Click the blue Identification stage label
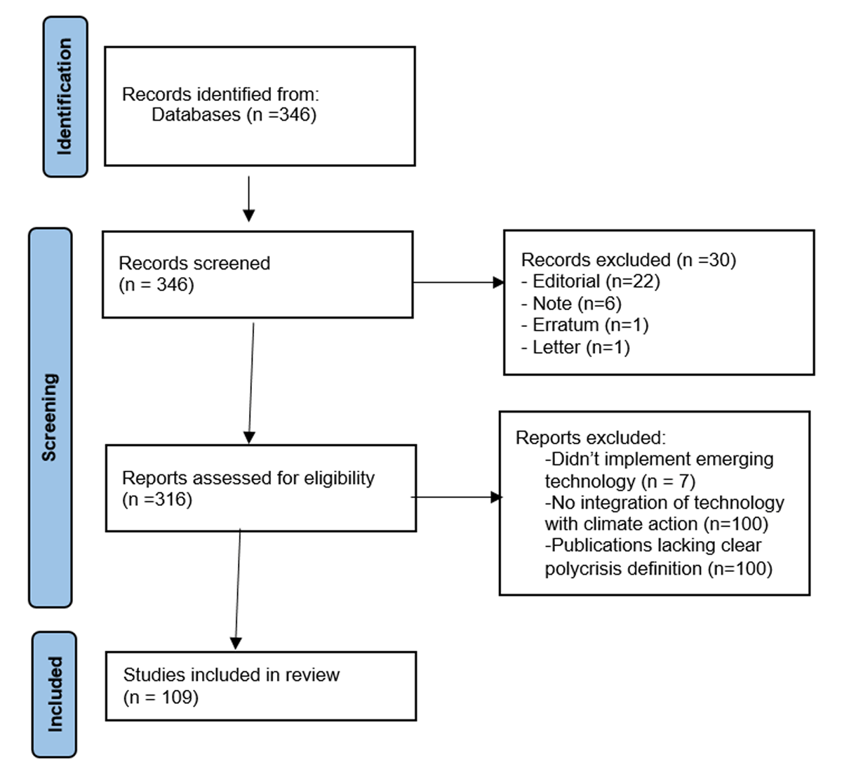click(65, 97)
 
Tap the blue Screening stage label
click(51, 418)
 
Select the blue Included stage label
click(54, 695)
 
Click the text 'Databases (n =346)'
click(234, 114)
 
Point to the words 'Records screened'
click(194, 263)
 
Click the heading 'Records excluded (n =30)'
click(629, 260)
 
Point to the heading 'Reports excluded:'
click(591, 438)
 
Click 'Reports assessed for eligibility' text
click(248, 478)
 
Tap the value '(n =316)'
click(157, 500)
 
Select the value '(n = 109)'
click(161, 697)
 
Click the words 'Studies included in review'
click(232, 675)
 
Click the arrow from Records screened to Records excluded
click(458, 282)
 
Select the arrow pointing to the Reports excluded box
click(456, 498)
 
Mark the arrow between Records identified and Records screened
click(249, 199)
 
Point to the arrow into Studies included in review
click(238, 589)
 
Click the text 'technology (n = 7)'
click(620, 481)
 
